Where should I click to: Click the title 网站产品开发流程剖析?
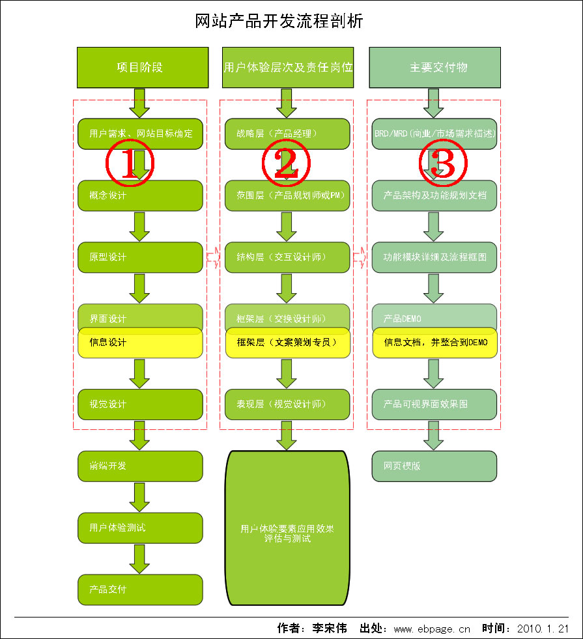[279, 21]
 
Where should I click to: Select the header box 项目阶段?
[143, 67]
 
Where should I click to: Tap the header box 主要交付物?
[434, 67]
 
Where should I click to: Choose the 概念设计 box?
[140, 195]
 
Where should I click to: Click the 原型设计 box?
[140, 257]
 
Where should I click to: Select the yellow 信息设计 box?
[140, 343]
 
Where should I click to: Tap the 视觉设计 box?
[140, 405]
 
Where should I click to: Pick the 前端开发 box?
[140, 466]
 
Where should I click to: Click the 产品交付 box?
[140, 589]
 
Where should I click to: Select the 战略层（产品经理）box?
[287, 134]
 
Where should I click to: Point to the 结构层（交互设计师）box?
[287, 257]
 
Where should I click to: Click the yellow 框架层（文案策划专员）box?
[287, 343]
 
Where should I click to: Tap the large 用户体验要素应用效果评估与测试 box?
[287, 528]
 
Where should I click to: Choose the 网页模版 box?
[434, 466]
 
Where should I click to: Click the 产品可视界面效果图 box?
[434, 405]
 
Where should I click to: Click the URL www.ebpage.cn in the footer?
[432, 629]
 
